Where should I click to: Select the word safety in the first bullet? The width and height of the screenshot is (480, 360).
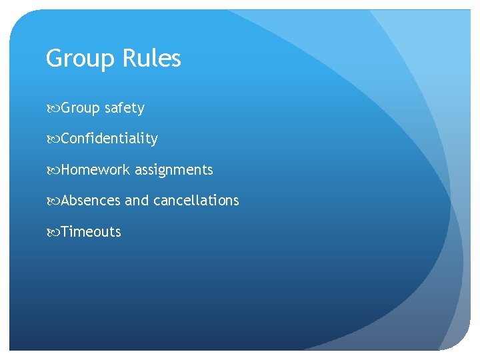coord(124,108)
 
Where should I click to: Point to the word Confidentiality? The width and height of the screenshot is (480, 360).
coord(109,139)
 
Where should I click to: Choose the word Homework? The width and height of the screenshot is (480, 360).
coord(95,170)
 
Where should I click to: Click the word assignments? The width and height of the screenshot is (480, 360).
coord(174,171)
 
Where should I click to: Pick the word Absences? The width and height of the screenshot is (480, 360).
coord(91,201)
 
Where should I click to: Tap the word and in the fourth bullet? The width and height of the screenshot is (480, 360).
coord(137,201)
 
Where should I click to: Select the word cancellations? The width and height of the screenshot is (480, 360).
coord(196,201)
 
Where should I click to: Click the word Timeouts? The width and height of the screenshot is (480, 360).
coord(91,232)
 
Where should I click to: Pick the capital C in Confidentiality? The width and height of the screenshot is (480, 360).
coord(65,139)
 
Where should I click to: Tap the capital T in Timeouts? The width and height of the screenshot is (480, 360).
coord(65,232)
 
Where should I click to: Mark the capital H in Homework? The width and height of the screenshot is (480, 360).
coord(66,170)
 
